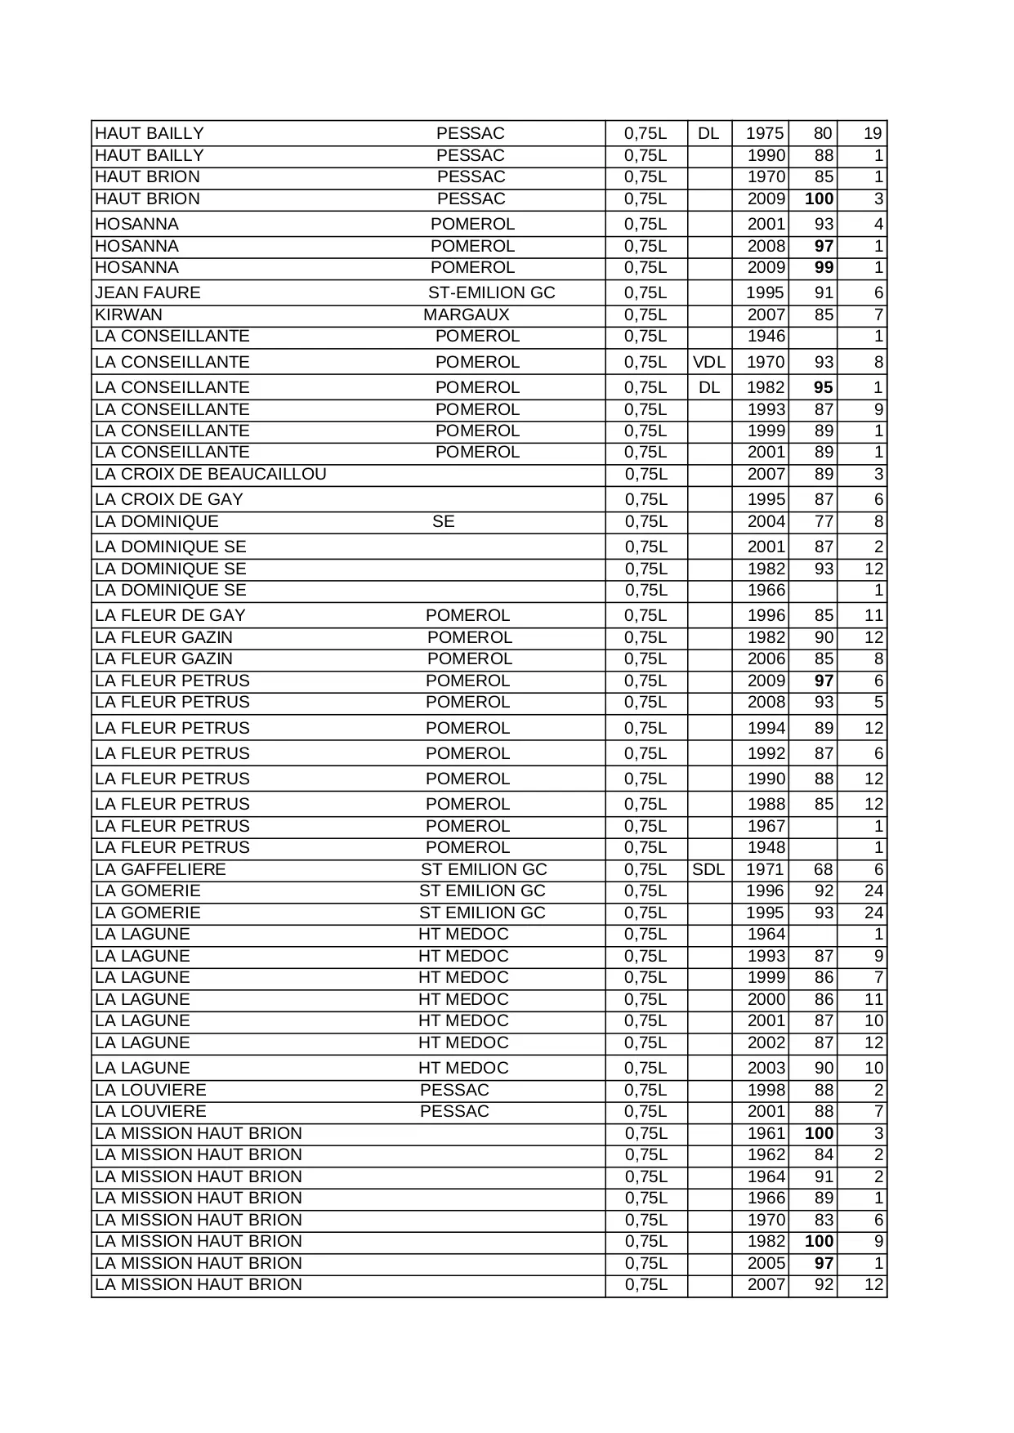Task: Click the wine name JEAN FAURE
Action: coord(148,292)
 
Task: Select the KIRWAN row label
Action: coord(128,315)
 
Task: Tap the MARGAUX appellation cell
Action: coord(466,315)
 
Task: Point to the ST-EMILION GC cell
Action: coord(491,292)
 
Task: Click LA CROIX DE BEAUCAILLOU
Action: coord(211,474)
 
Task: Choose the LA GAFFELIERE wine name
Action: coord(160,869)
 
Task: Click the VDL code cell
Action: coord(708,362)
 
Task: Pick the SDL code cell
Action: coord(708,869)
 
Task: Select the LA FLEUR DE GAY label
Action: coord(170,615)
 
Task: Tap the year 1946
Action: coord(766,336)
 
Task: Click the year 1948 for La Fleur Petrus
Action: coord(766,847)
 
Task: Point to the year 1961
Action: coord(766,1133)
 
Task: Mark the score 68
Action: coord(823,869)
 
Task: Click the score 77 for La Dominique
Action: coord(823,521)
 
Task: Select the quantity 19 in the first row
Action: coord(873,133)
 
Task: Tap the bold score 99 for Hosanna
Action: coord(823,267)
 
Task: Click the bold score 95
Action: coord(823,387)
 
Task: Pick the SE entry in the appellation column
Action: coord(443,521)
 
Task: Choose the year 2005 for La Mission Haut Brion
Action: coord(766,1263)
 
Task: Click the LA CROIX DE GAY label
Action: coord(169,499)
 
